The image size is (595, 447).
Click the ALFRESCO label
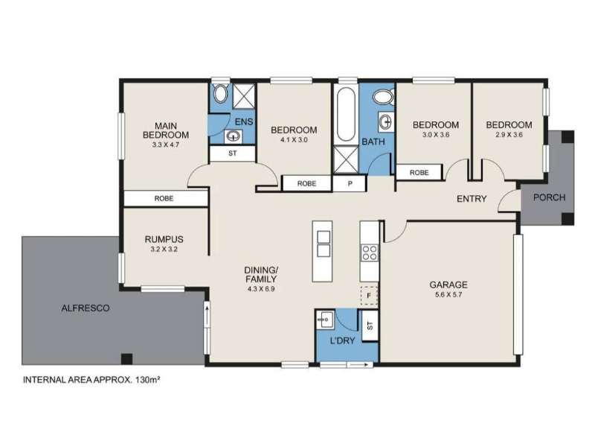[86, 308]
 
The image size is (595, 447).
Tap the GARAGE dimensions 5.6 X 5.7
[448, 294]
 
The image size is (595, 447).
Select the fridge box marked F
[369, 295]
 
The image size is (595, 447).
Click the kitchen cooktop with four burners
[370, 253]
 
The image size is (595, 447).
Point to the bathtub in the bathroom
[346, 115]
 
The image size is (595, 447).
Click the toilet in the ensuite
[220, 94]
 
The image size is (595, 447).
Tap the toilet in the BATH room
[383, 97]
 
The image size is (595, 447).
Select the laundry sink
[325, 320]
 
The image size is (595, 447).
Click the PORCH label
[549, 197]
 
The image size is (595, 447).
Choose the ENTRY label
[472, 199]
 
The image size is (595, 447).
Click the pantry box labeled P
[350, 183]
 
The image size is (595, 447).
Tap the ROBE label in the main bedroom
[164, 198]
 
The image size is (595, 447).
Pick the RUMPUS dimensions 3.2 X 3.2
[164, 250]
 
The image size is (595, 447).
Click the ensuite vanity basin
[233, 136]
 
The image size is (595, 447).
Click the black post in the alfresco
[126, 359]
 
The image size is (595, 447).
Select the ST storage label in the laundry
[370, 326]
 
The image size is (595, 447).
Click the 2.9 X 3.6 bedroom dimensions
[509, 135]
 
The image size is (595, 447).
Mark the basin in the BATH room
[386, 122]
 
